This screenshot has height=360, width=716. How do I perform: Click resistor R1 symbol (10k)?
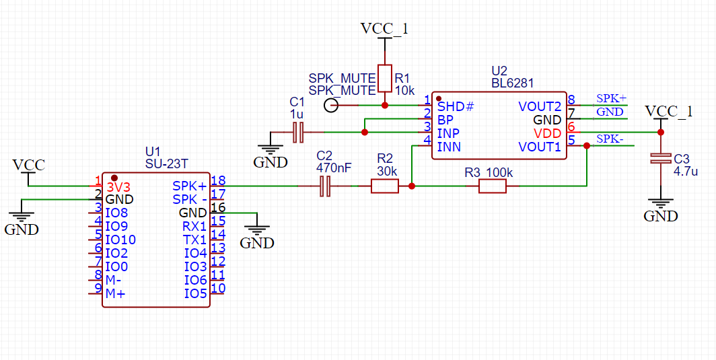coord(384,78)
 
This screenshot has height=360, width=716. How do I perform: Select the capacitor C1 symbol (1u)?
coord(299,133)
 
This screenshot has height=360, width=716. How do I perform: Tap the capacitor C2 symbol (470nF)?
coord(326,186)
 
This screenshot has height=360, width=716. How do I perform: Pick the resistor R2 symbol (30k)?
coord(385,186)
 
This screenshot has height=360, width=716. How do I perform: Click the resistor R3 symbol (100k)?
coord(492,186)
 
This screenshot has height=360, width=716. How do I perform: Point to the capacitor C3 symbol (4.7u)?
coord(661,159)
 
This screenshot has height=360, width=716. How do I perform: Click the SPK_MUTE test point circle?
coord(331,106)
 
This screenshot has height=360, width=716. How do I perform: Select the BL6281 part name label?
coord(512,83)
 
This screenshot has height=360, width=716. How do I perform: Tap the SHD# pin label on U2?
coord(456,106)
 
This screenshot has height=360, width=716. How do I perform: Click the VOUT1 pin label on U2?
coord(540,147)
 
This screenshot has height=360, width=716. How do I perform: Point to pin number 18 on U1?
coord(217,180)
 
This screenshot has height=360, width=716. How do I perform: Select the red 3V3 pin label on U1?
coord(118,186)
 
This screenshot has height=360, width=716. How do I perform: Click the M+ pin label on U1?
coord(115,293)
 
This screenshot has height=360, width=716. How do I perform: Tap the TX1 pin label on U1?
coord(194,240)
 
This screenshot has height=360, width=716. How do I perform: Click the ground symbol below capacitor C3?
coord(661,205)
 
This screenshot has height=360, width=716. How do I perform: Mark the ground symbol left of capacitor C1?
coord(270,151)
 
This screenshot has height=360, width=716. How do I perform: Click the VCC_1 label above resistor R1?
coord(384,29)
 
